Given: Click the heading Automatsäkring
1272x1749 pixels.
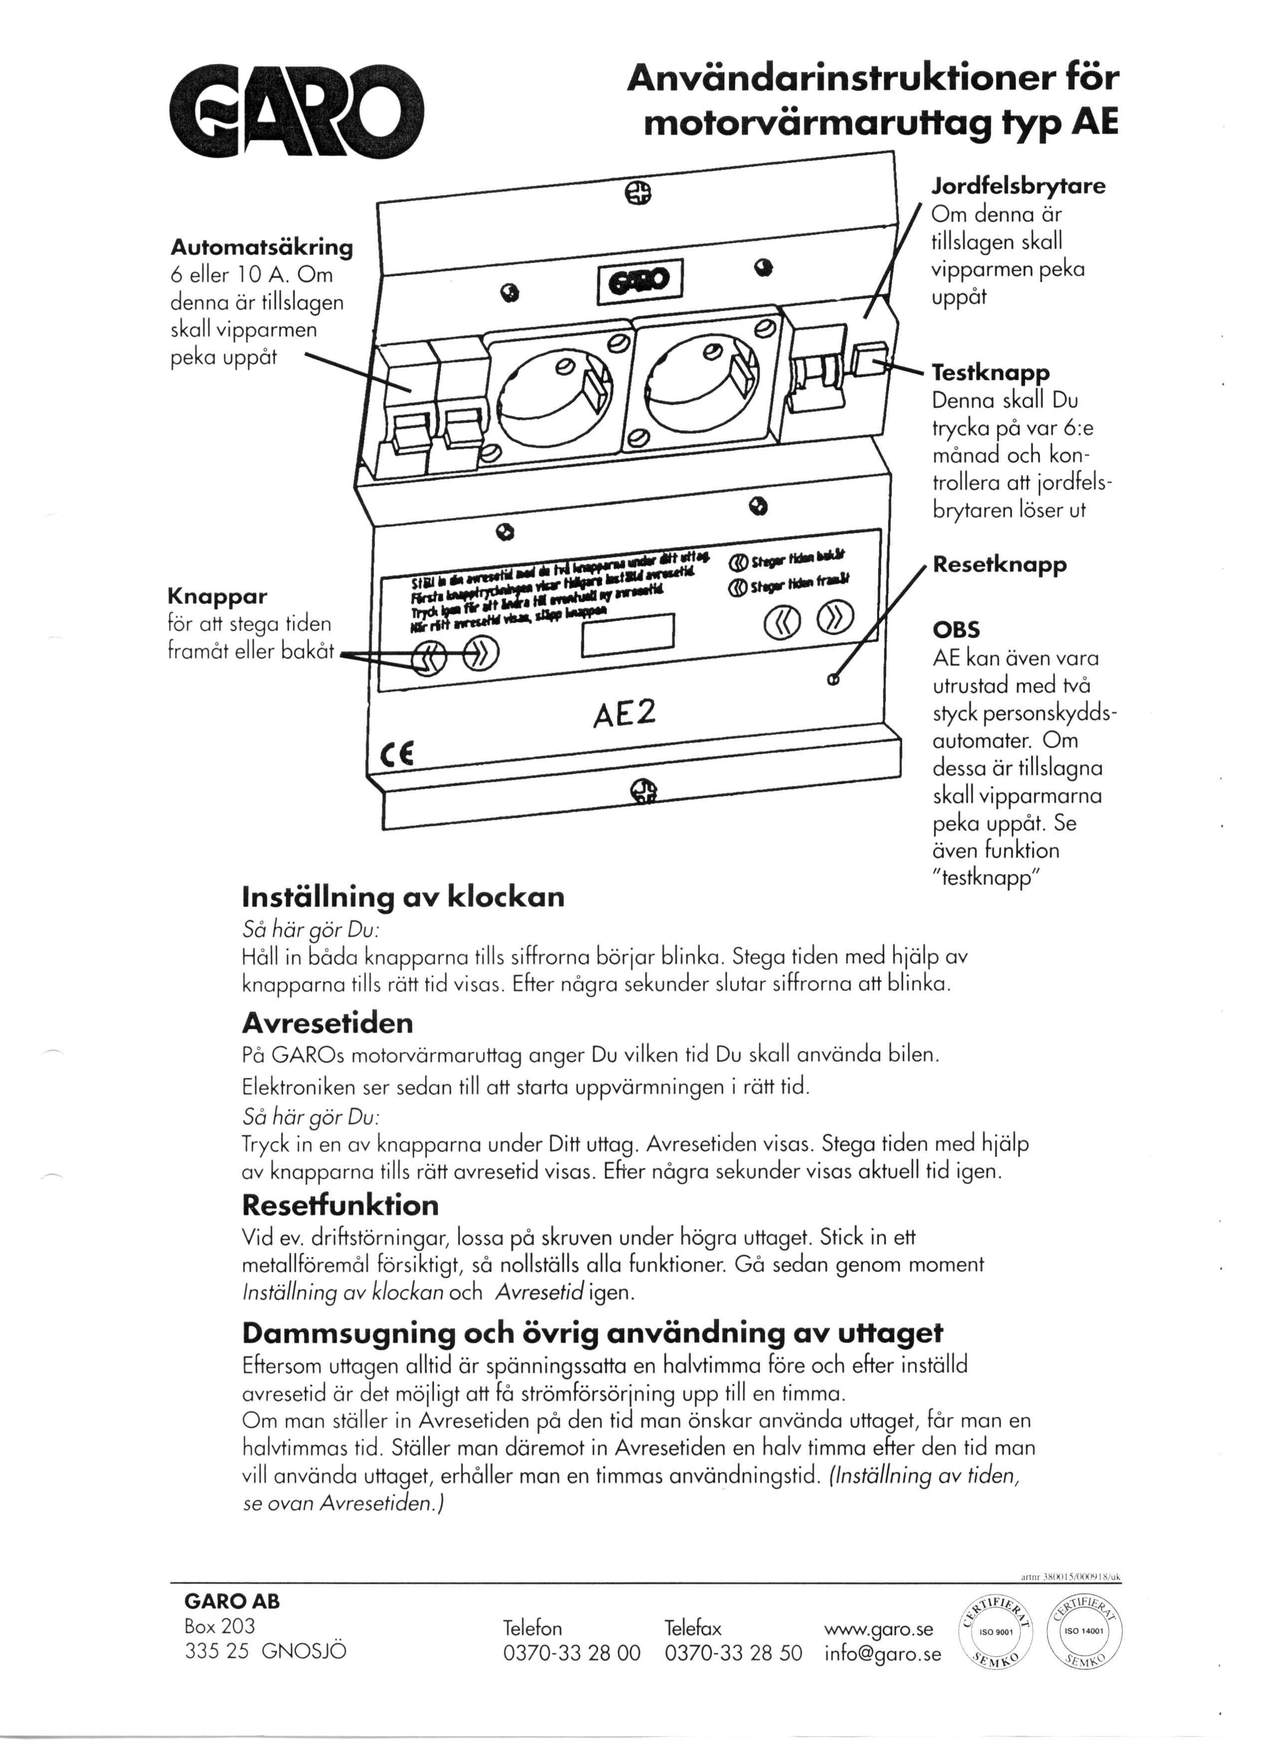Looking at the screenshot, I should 261,248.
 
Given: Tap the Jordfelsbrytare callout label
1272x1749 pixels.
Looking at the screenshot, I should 1018,187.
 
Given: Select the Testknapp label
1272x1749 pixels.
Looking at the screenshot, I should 991,373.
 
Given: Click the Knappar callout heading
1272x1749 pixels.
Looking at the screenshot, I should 217,596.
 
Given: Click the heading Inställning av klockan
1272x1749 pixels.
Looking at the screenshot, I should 403,897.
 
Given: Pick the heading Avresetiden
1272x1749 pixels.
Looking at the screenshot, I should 327,1023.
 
